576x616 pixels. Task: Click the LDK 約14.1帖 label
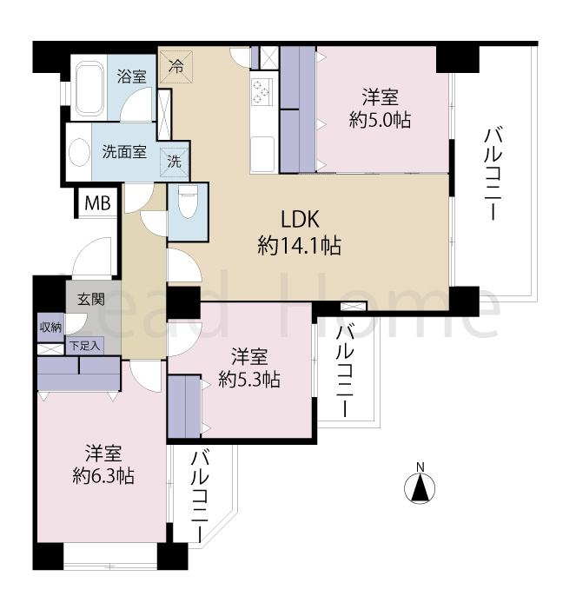pyautogui.click(x=298, y=233)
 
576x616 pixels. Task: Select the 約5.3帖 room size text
pyautogui.click(x=248, y=379)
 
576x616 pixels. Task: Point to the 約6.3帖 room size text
pyautogui.click(x=103, y=475)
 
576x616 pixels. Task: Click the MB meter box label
pyautogui.click(x=96, y=204)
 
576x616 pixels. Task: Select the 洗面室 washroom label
pyautogui.click(x=124, y=150)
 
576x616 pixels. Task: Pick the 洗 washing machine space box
pyautogui.click(x=175, y=160)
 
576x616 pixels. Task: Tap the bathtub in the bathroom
pyautogui.click(x=88, y=89)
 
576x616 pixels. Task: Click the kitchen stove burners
pyautogui.click(x=262, y=89)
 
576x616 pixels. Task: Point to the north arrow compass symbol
pyautogui.click(x=420, y=487)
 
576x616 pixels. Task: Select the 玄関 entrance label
pyautogui.click(x=90, y=300)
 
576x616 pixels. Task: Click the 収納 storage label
pyautogui.click(x=50, y=327)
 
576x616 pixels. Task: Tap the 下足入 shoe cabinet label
pyautogui.click(x=84, y=346)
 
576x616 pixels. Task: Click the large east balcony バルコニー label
pyautogui.click(x=493, y=174)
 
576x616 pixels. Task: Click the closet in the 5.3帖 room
pyautogui.click(x=184, y=405)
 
